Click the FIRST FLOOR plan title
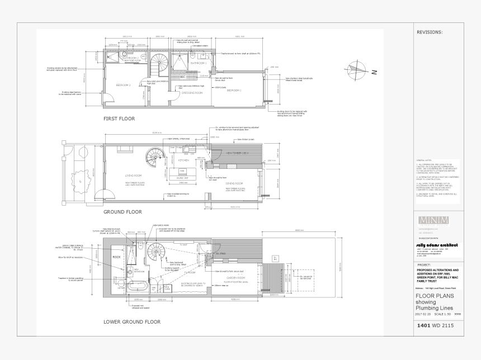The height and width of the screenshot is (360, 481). [119, 119]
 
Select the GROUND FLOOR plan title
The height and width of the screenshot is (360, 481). [122, 212]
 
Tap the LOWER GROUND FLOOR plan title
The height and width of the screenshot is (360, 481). [132, 321]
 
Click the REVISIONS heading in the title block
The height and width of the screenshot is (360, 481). [430, 32]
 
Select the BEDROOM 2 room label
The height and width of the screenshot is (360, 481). [123, 85]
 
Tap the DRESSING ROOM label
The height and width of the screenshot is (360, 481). [192, 93]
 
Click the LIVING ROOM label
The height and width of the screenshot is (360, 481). [134, 175]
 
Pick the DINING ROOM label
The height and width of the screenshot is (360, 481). [234, 183]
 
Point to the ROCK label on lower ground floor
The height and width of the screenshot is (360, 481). [116, 257]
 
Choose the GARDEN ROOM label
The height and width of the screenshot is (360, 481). [236, 277]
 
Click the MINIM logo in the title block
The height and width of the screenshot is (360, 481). [433, 220]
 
